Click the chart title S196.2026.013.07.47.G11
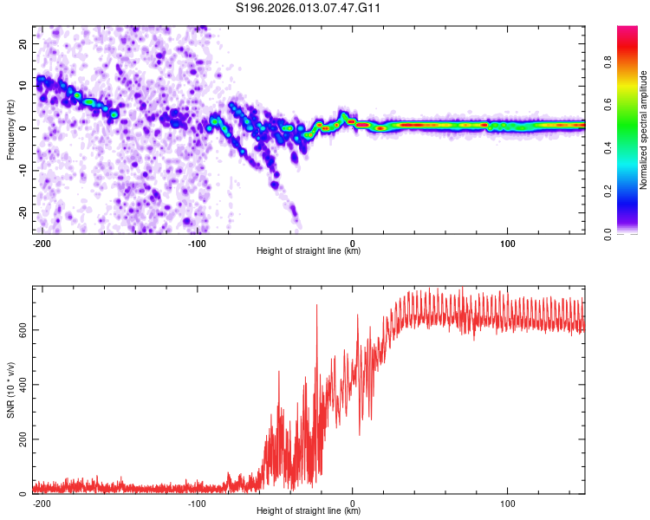click(x=309, y=8)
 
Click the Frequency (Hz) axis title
click(x=10, y=130)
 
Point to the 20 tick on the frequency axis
click(x=24, y=42)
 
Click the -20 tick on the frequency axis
click(x=23, y=212)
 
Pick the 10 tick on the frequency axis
click(x=24, y=85)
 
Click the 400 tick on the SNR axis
click(x=21, y=385)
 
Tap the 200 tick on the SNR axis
click(x=21, y=439)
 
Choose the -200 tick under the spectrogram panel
click(x=42, y=242)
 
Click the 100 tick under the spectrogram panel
click(x=507, y=242)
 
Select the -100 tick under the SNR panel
click(x=197, y=502)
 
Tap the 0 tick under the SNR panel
click(x=352, y=502)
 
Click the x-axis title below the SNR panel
click(x=309, y=511)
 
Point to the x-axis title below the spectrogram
click(x=309, y=251)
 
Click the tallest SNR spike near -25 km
click(x=316, y=305)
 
